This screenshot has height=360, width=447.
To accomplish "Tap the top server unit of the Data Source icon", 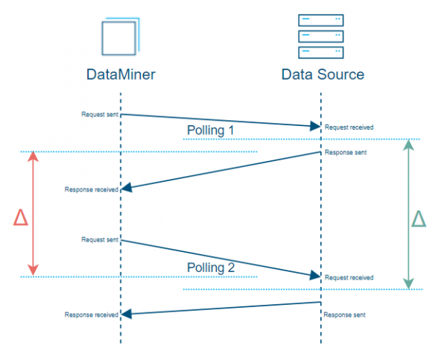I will pos(321,20).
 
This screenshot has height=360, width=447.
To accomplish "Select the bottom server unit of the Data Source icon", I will pos(321,51).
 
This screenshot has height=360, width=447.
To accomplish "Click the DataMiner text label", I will pos(120,75).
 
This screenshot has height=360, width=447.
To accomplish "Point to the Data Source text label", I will pos(322,75).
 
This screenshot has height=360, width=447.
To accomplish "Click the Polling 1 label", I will pos(209,130).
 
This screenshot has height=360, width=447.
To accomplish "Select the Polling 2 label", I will pos(209,268).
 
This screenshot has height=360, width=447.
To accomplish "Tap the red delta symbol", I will pos(21,217).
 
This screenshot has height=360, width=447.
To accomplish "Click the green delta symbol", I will pos(419,218).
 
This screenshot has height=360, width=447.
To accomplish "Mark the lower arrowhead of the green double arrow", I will pos(408,283).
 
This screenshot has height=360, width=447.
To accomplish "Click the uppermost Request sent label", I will pos(100,114).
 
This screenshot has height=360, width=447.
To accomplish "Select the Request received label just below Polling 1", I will pos(349,127).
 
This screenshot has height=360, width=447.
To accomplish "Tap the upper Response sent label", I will pos(345,153).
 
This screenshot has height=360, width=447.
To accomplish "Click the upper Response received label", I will pos(92,190).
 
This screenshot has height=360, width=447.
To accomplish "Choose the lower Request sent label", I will pos(100,239).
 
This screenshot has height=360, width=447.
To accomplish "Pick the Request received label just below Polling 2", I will pos(349,277).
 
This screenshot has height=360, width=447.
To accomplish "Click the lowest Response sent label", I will pos(345,315).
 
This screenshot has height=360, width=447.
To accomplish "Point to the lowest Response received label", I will pos(92,315).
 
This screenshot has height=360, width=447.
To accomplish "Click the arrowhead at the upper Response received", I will pos(126,189).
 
